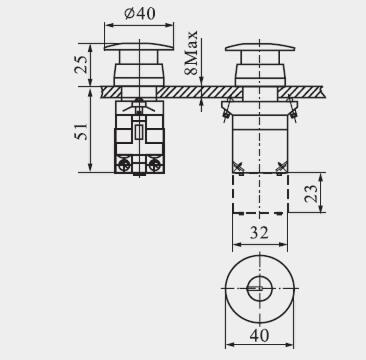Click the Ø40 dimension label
[x=140, y=14]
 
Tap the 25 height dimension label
[x=81, y=64]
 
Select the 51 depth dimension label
[x=81, y=131]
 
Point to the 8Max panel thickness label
[x=191, y=53]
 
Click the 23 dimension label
[x=311, y=193]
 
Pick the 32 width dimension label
[x=259, y=232]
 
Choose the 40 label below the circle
[x=259, y=335]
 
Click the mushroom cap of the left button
[x=139, y=47]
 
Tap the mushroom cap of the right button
[x=260, y=47]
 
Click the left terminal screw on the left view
[x=124, y=165]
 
